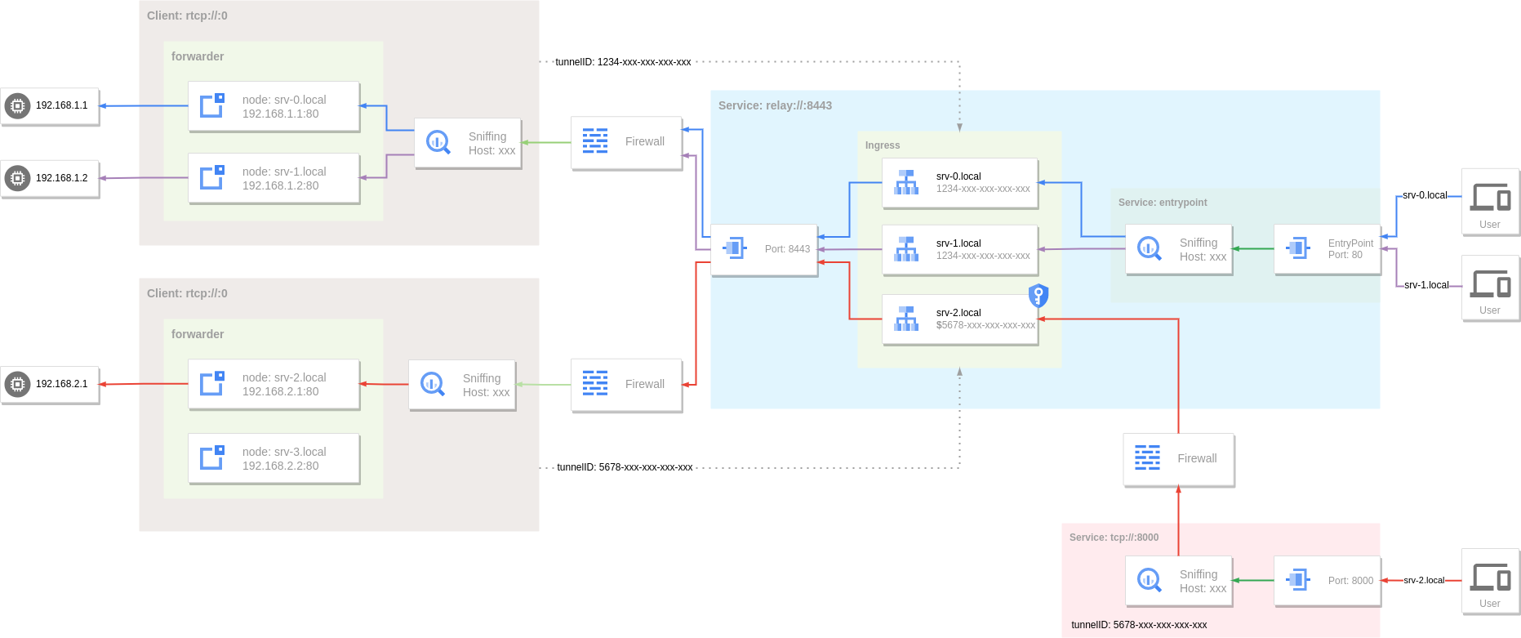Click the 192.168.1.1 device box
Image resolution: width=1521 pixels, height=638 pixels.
[50, 106]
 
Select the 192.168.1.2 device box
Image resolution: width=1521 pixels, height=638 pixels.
[50, 178]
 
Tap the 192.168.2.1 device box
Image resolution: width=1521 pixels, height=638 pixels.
[50, 384]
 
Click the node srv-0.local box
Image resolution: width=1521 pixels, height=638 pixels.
[274, 106]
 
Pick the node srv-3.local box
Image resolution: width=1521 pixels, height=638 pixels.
[274, 458]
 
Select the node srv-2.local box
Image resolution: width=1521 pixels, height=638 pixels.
[274, 384]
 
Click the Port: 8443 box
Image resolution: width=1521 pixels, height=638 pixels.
[763, 249]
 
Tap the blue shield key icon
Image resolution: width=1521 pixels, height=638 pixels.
[1038, 295]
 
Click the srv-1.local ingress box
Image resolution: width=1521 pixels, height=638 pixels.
[959, 249]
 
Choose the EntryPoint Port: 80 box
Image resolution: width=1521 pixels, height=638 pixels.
[1327, 249]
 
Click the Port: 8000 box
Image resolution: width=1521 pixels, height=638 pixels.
[1327, 581]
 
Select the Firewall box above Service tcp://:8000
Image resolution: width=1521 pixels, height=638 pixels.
[1178, 459]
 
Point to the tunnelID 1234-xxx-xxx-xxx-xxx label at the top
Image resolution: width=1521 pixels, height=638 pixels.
[623, 62]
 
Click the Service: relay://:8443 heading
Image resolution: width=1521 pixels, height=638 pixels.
[775, 105]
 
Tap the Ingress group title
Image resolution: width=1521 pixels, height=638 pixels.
[883, 145]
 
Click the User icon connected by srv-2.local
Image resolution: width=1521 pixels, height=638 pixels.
[1490, 581]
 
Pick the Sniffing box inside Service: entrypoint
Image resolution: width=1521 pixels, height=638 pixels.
[1178, 249]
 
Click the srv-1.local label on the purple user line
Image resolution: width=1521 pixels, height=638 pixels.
[1425, 285]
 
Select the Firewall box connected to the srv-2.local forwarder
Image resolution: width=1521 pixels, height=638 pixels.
[626, 384]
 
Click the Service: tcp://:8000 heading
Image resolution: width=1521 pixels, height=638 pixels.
[1114, 538]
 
